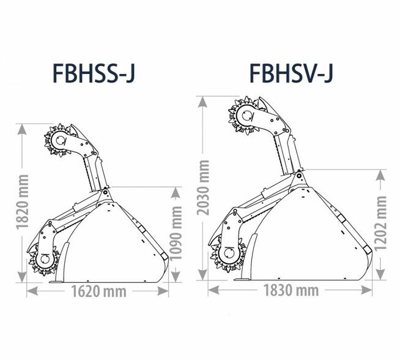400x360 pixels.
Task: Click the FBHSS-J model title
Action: [94, 73]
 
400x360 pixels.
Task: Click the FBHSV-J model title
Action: [291, 73]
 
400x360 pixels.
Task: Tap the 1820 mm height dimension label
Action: [22, 202]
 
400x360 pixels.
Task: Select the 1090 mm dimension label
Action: [176, 233]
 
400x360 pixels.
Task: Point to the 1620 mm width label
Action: [98, 291]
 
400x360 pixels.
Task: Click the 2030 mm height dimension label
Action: [204, 188]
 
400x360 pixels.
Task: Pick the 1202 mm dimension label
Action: [381, 223]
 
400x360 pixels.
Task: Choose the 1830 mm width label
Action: [291, 290]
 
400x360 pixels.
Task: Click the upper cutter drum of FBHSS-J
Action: [60, 140]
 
